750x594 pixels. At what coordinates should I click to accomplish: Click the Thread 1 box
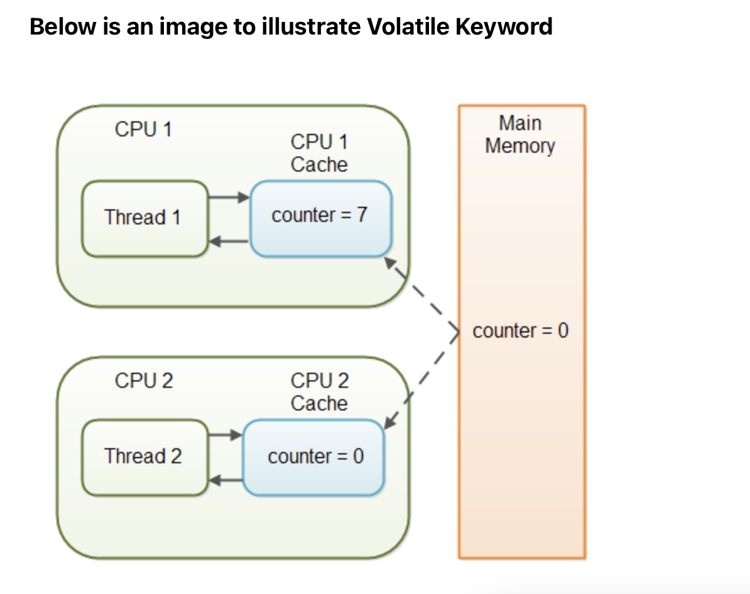[x=144, y=218]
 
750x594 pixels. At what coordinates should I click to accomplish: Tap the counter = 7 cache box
[x=320, y=218]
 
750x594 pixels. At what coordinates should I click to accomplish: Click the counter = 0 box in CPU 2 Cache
[x=313, y=457]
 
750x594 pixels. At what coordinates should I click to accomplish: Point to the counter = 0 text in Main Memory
[x=520, y=331]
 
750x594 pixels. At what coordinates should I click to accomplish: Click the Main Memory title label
[x=520, y=135]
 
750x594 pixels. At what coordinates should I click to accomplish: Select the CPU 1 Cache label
[x=319, y=153]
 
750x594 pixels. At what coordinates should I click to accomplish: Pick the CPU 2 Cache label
[x=319, y=392]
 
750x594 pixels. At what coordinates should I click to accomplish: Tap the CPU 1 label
[x=143, y=129]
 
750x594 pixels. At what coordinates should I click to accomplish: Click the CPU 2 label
[x=144, y=381]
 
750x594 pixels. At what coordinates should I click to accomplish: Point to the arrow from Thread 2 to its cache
[x=225, y=435]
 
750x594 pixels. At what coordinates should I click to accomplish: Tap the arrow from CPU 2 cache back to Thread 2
[x=225, y=481]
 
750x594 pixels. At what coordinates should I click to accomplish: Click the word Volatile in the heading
[x=399, y=26]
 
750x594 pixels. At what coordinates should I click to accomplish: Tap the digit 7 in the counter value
[x=362, y=215]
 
